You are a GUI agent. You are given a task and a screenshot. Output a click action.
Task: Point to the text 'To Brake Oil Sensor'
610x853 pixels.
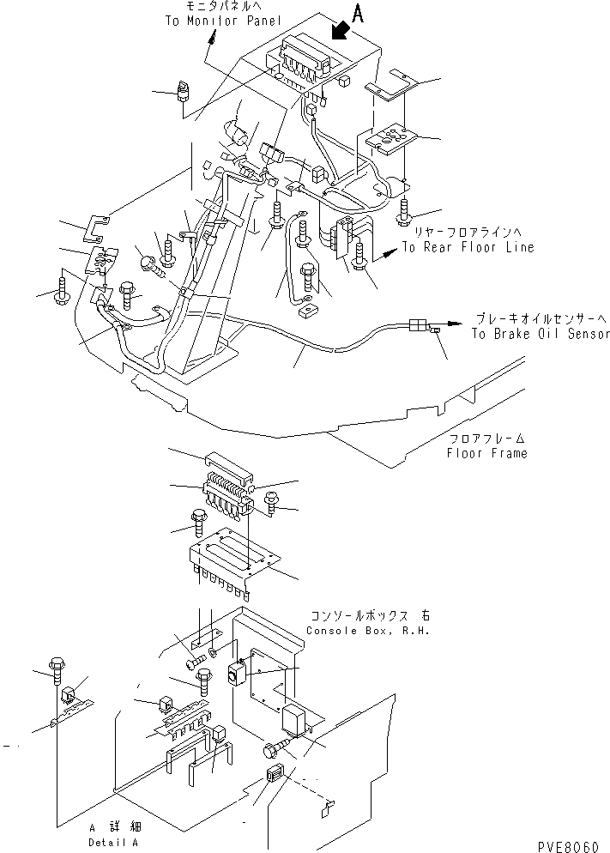(x=541, y=334)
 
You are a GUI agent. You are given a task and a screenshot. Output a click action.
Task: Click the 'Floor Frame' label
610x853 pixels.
(x=486, y=453)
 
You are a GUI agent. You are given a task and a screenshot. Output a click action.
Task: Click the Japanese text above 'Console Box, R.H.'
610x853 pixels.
(x=371, y=617)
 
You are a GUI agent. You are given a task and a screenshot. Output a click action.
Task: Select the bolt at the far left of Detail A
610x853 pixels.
(x=59, y=667)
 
